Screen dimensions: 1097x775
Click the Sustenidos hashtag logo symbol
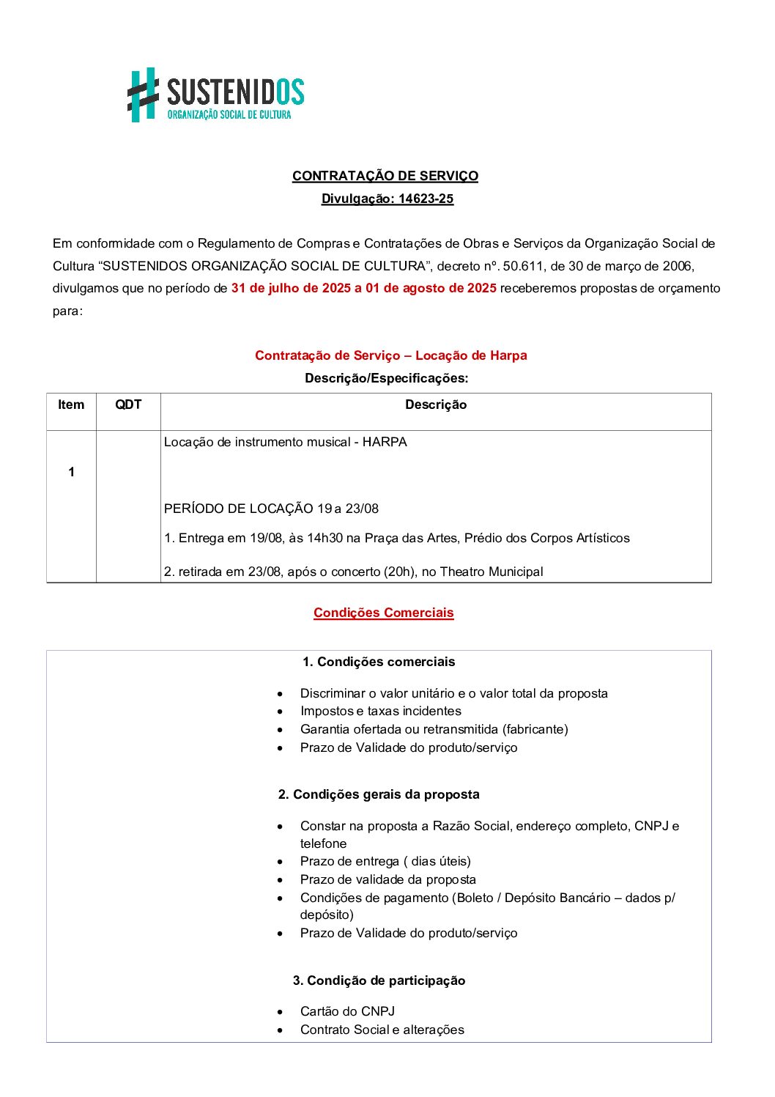point(144,95)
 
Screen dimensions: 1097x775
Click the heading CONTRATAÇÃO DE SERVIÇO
point(385,176)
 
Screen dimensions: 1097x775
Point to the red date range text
point(363,288)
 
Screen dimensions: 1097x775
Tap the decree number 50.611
point(522,265)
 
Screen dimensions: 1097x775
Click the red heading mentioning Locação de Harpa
point(390,355)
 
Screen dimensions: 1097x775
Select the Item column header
point(71,405)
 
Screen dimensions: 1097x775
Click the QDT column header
point(128,405)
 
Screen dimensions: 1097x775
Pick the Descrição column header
point(435,405)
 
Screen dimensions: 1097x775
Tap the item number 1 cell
point(71,472)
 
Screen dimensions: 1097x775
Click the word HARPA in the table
point(385,442)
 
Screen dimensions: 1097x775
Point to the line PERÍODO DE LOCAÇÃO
point(271,509)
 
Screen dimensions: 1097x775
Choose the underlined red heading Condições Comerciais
point(383,613)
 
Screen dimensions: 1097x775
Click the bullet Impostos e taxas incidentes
point(380,711)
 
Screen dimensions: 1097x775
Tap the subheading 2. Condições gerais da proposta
point(379,794)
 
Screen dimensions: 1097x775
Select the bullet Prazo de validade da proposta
point(387,879)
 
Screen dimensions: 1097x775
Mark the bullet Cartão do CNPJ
point(347,1011)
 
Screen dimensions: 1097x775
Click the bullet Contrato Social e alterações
point(382,1030)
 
